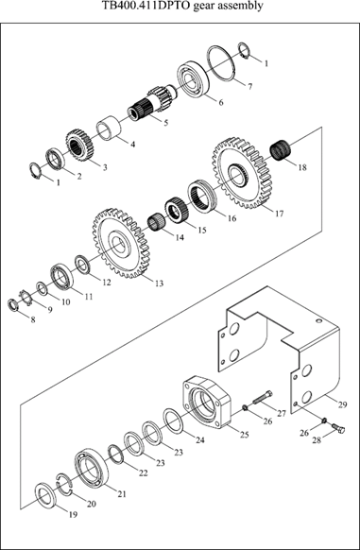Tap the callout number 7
click(249, 86)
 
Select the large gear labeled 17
click(242, 174)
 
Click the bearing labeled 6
click(193, 79)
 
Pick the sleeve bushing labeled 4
click(109, 128)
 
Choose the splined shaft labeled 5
click(153, 102)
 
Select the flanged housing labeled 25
click(206, 403)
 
